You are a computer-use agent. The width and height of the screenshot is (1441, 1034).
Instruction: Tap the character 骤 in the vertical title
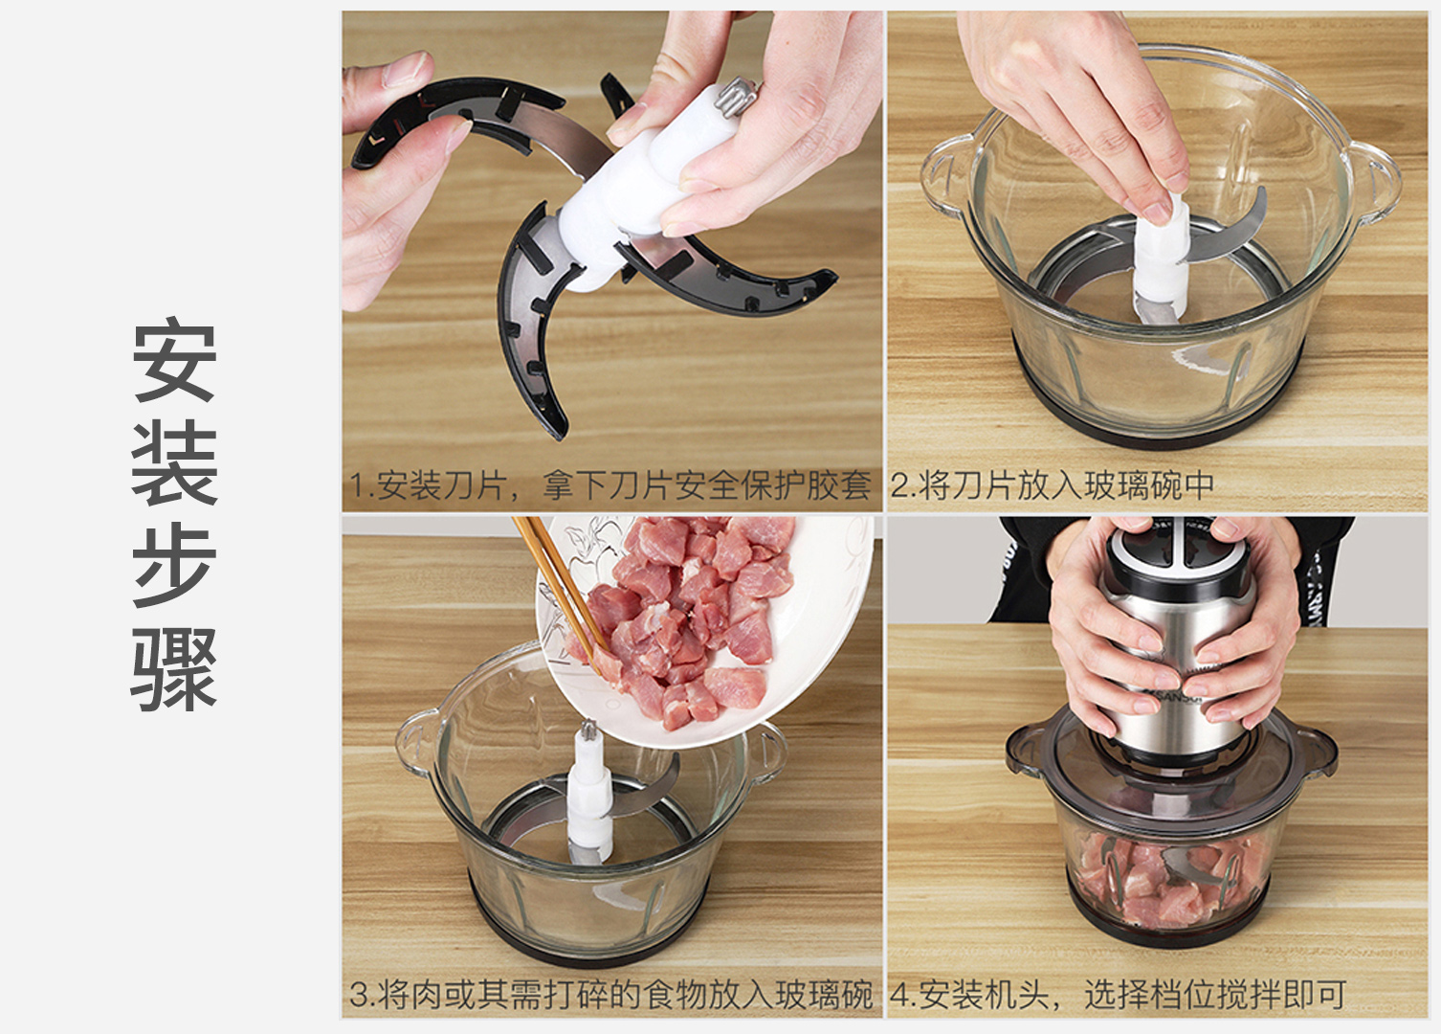pos(174,669)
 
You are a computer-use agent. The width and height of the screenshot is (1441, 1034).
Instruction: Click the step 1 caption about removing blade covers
pos(610,485)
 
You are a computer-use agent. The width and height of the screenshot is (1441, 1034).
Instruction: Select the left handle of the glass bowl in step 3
pos(418,747)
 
